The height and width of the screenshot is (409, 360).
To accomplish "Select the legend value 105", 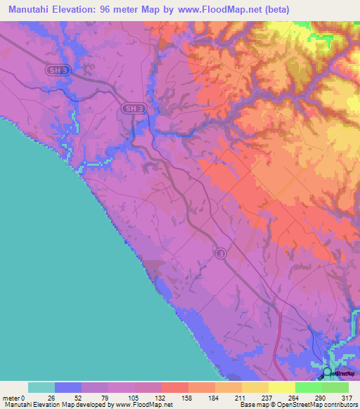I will pos(134,397).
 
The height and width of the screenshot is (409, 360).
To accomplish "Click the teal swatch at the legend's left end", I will pos(41,387).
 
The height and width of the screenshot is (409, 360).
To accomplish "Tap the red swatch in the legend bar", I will pos(174,387).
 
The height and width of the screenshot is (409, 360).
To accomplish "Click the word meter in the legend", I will pos(12,397).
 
